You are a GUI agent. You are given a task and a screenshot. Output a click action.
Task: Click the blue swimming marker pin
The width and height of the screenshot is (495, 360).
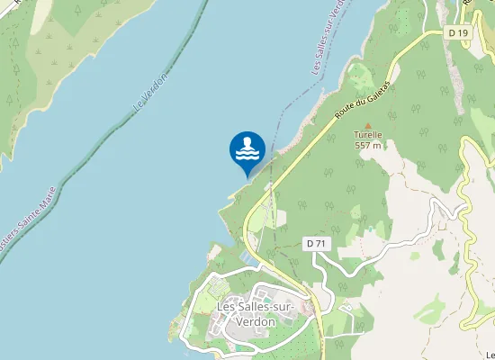(x=247, y=149)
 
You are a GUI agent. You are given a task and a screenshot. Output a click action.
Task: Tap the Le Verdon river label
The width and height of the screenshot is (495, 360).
(x=150, y=93)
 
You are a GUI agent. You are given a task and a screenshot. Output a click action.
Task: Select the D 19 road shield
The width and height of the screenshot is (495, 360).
(x=458, y=33)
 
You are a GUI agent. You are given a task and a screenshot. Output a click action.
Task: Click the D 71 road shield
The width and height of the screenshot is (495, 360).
(x=314, y=243)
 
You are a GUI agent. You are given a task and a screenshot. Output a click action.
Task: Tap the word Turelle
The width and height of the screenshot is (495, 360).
(x=367, y=135)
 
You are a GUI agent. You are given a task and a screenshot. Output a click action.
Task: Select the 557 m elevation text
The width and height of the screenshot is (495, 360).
(x=367, y=145)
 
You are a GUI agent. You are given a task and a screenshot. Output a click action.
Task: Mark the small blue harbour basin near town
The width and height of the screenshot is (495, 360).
(x=244, y=261)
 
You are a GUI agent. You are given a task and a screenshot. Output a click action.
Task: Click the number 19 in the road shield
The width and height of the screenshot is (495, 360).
(x=463, y=33)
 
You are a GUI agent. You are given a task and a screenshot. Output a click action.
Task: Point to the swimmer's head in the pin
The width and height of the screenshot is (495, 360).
(x=247, y=141)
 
